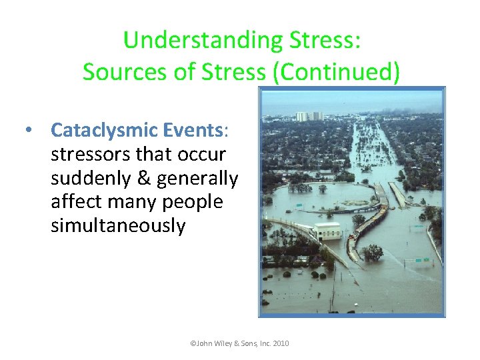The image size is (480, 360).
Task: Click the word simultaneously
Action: point(118,225)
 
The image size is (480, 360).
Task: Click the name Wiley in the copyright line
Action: point(223,344)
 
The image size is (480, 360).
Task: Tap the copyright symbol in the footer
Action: point(193,344)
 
